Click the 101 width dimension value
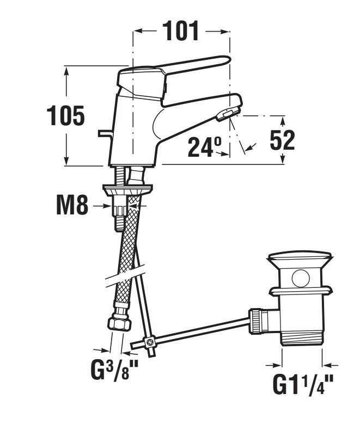(x=181, y=32)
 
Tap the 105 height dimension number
(x=65, y=115)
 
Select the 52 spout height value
(x=282, y=140)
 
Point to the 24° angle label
(x=205, y=147)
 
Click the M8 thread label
(x=72, y=205)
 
